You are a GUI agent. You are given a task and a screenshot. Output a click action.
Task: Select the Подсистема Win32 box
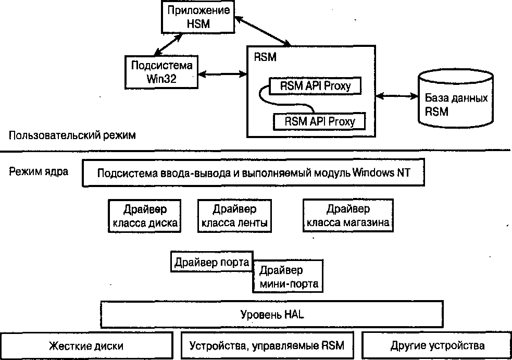click(x=161, y=72)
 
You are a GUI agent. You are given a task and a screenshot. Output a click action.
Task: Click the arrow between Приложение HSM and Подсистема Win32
click(x=168, y=44)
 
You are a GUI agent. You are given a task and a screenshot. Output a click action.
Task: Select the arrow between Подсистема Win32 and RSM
click(x=222, y=74)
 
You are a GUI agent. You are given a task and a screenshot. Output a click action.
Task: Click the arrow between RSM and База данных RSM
click(x=397, y=96)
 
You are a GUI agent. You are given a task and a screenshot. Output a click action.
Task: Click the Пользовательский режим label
click(x=72, y=135)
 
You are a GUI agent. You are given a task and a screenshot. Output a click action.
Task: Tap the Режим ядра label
click(x=39, y=171)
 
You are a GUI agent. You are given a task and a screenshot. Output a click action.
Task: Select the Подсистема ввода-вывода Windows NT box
click(x=253, y=172)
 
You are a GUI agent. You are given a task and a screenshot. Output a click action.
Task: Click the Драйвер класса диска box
click(x=145, y=216)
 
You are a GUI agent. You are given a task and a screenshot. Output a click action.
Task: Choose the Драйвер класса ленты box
click(x=234, y=216)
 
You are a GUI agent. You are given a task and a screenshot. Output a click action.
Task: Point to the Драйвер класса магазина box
click(x=348, y=216)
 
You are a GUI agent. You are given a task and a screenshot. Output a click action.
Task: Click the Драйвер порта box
click(x=212, y=262)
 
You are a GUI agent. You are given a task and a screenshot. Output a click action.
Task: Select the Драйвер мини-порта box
click(x=288, y=276)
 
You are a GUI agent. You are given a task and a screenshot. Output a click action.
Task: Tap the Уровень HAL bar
click(x=272, y=314)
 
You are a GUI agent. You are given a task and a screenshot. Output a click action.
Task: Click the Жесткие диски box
click(x=86, y=345)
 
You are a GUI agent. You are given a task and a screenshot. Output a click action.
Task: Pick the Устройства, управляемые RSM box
click(x=267, y=345)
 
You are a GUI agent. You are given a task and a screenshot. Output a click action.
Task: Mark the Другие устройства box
click(x=437, y=345)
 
